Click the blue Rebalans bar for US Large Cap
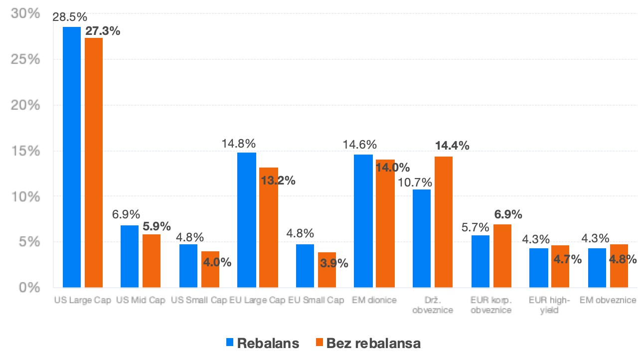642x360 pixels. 72,157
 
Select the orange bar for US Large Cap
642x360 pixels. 94,163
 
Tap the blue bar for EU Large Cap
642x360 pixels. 247,220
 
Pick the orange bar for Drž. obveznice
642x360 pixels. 444,222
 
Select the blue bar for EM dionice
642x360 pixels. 363,221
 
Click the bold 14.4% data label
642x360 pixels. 452,146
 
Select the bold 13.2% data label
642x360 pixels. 278,180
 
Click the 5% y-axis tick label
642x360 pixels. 29,242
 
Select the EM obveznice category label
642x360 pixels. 608,300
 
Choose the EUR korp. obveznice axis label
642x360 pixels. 491,305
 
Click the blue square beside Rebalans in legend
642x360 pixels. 230,343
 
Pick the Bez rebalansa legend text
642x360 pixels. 373,343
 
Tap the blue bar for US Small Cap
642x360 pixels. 188,266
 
